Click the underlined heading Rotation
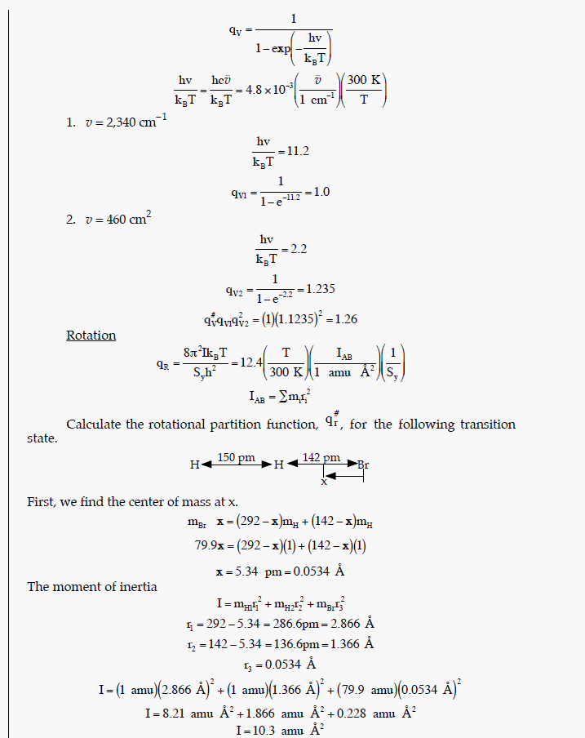click(x=91, y=336)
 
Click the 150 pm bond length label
click(x=237, y=458)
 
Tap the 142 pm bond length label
click(x=321, y=458)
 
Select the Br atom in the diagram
click(x=362, y=465)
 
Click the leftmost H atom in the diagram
click(x=194, y=465)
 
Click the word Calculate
click(x=94, y=425)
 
